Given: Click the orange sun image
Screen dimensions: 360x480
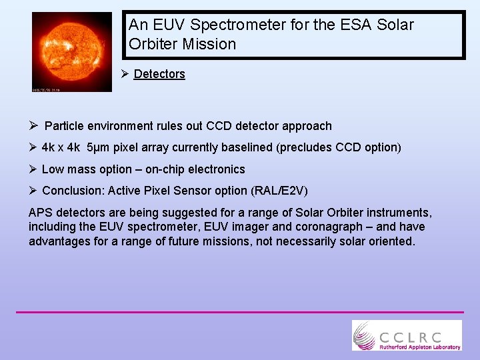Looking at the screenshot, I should click(72, 51).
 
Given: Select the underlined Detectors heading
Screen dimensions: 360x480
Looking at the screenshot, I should click(159, 74).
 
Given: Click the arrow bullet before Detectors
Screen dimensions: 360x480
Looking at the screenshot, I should click(125, 74).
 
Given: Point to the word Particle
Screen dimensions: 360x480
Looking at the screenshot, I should click(65, 126).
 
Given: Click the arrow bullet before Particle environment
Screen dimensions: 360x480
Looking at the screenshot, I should click(33, 126).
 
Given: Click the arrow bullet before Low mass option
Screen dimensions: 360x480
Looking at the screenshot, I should click(33, 169).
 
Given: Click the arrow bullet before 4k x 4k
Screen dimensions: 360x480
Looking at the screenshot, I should click(33, 147).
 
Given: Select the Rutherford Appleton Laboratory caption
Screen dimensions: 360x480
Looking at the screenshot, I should click(419, 347).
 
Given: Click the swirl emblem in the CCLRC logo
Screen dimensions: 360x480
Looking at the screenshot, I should click(364, 335).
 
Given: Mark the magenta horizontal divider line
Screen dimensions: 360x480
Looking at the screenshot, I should click(239, 312).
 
